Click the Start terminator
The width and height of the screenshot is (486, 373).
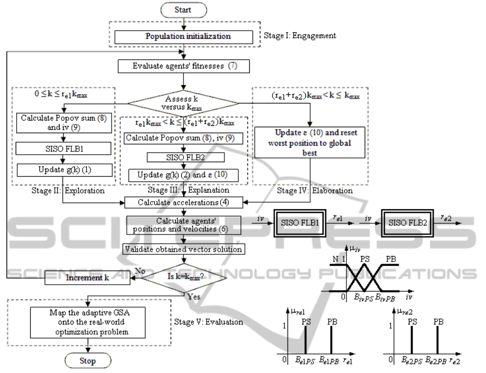tap(183, 10)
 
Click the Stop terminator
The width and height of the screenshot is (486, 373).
tap(87, 361)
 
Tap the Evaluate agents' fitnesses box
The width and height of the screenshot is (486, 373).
tap(184, 67)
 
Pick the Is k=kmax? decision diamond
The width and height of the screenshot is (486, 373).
tap(183, 278)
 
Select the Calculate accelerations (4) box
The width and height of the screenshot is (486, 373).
tap(184, 203)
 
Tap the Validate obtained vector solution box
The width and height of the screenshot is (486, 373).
tap(183, 249)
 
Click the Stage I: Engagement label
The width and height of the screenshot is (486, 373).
tap(300, 36)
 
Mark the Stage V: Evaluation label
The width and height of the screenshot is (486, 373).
tap(208, 322)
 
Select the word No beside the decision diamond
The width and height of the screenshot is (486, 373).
tap(140, 272)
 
